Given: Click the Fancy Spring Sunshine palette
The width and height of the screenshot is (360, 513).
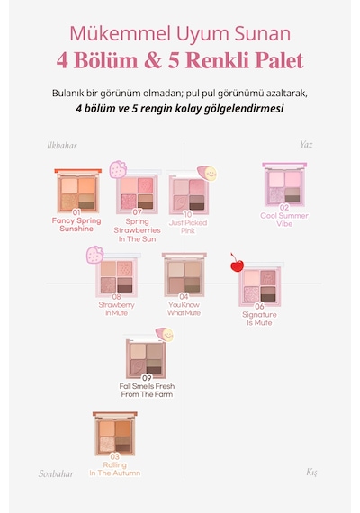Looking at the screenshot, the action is pyautogui.click(x=78, y=191).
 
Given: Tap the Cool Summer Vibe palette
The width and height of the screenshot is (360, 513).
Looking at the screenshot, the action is pyautogui.click(x=284, y=184).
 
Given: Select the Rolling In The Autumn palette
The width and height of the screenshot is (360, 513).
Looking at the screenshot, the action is pyautogui.click(x=115, y=434).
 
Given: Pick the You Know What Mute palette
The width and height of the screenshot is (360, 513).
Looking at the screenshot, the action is pyautogui.click(x=184, y=274).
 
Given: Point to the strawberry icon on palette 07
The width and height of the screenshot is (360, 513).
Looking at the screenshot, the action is pyautogui.click(x=118, y=169).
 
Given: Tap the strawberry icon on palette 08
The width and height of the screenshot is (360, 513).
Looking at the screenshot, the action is pyautogui.click(x=94, y=256).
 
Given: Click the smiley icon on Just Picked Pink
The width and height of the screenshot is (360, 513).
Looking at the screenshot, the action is pyautogui.click(x=207, y=173).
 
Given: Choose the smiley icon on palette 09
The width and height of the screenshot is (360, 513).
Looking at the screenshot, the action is pyautogui.click(x=165, y=335).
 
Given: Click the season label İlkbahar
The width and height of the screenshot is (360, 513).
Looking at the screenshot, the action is pyautogui.click(x=62, y=146).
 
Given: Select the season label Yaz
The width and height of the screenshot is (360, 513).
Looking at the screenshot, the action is pyautogui.click(x=306, y=145).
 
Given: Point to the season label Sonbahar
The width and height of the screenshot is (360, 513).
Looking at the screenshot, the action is pyautogui.click(x=56, y=473).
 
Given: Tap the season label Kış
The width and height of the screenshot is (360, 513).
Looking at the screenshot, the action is pyautogui.click(x=311, y=472).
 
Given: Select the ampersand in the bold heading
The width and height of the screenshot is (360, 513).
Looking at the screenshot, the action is pyautogui.click(x=153, y=60).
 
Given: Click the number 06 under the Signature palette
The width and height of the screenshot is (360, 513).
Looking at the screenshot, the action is pyautogui.click(x=259, y=307).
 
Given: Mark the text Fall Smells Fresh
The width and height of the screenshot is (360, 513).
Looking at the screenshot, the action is pyautogui.click(x=147, y=386).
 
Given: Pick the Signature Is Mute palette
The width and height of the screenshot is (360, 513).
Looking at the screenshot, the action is pyautogui.click(x=260, y=284).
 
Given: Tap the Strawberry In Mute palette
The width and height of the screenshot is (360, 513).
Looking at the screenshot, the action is pyautogui.click(x=116, y=274).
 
